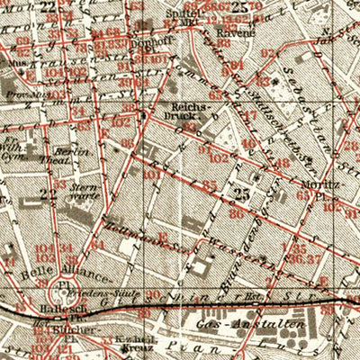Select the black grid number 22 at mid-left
coord(49,193)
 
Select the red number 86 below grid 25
coord(237,214)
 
